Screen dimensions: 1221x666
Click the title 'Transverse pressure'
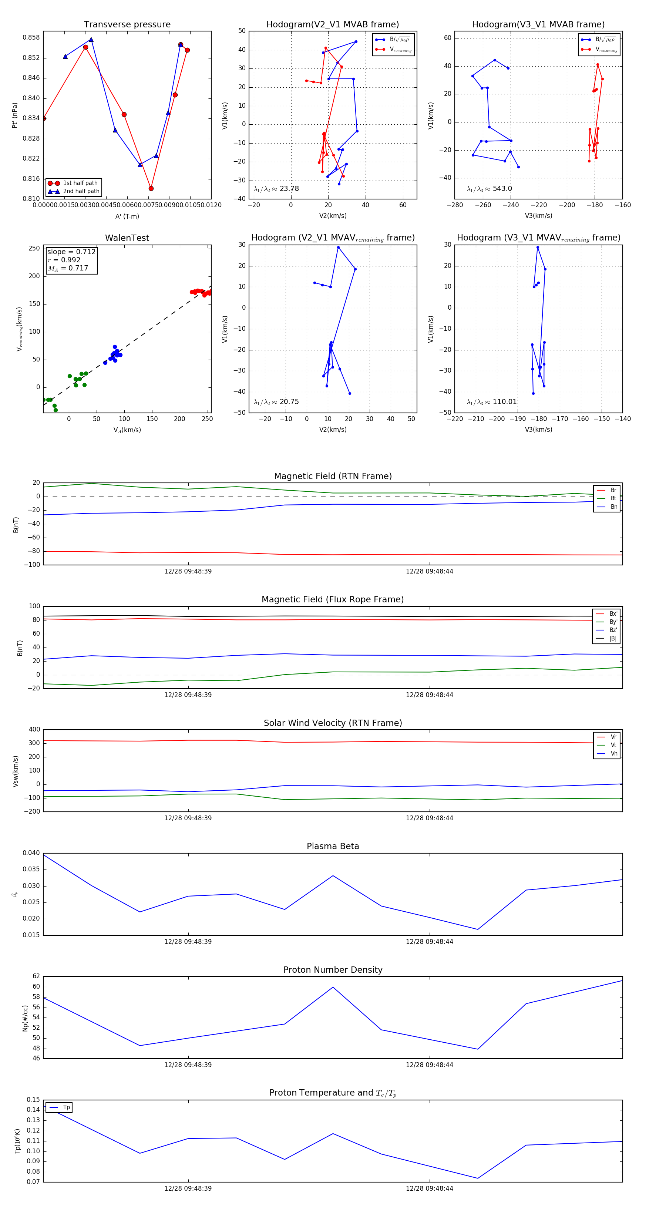click(127, 25)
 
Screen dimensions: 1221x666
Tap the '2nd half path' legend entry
click(81, 192)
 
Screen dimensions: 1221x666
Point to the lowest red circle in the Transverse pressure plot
click(151, 189)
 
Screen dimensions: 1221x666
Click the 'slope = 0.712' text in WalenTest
click(71, 252)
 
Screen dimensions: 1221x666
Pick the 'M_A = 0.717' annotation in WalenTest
click(68, 268)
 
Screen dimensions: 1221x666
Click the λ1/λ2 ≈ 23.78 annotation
click(276, 189)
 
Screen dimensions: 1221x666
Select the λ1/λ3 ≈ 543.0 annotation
click(489, 189)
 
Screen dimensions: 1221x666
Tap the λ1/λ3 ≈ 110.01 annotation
click(492, 402)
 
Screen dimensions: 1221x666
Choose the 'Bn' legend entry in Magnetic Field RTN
click(613, 507)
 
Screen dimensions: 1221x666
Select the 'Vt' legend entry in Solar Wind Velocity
click(613, 745)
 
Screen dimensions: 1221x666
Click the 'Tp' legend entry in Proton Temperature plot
click(66, 1108)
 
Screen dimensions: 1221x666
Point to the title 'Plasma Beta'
click(333, 847)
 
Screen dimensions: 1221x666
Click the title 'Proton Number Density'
click(333, 970)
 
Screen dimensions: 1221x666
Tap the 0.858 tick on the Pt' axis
click(32, 38)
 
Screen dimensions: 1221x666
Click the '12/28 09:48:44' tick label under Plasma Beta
click(429, 942)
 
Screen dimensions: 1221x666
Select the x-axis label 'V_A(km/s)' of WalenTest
click(127, 430)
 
